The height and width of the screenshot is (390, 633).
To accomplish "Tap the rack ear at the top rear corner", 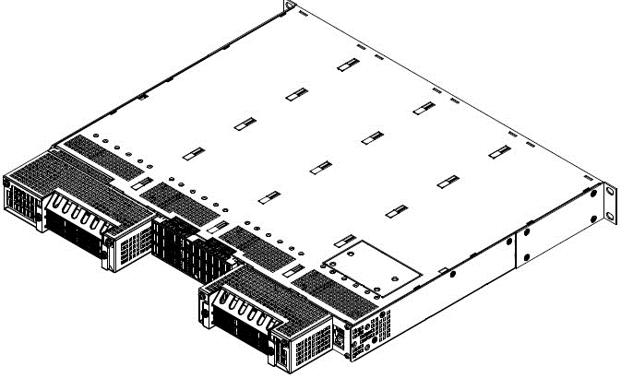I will pyautogui.click(x=290, y=6).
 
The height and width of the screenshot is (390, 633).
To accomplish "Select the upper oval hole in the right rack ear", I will pyautogui.click(x=610, y=192).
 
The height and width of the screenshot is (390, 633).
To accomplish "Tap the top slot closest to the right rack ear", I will pyautogui.click(x=498, y=151).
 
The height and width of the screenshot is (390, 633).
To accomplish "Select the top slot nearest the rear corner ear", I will pyautogui.click(x=347, y=64).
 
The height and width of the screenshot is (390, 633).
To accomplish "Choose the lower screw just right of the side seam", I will pyautogui.click(x=525, y=256).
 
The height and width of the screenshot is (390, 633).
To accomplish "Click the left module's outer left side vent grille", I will pyautogui.click(x=20, y=197).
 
